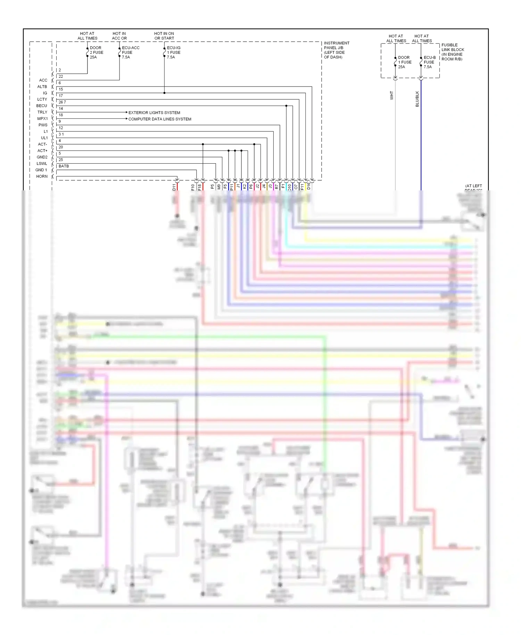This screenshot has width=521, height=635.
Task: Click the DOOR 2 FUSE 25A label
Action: click(96, 52)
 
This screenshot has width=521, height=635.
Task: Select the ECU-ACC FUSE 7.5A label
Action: click(130, 52)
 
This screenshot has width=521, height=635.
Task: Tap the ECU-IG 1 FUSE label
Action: click(173, 52)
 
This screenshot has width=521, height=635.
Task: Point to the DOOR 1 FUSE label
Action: click(405, 62)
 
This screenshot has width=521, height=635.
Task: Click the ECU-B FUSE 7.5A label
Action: click(429, 62)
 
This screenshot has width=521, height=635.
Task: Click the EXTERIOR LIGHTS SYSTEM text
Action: click(154, 113)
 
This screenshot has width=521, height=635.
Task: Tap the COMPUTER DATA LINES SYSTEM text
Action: click(160, 119)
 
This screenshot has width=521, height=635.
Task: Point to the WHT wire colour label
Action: click(391, 96)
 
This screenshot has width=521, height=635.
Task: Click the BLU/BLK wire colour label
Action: click(417, 99)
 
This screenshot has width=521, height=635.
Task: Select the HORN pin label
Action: click(42, 176)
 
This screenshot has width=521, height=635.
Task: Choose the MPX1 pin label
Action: click(42, 119)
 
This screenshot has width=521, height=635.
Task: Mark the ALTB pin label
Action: click(42, 86)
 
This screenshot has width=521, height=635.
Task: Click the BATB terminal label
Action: click(64, 166)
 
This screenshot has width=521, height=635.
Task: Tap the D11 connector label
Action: click(174, 188)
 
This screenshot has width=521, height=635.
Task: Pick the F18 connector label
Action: click(200, 188)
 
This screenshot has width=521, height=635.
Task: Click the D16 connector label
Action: click(308, 187)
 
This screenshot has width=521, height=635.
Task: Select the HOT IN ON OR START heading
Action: click(164, 36)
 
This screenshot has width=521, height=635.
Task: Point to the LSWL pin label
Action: click(42, 164)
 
